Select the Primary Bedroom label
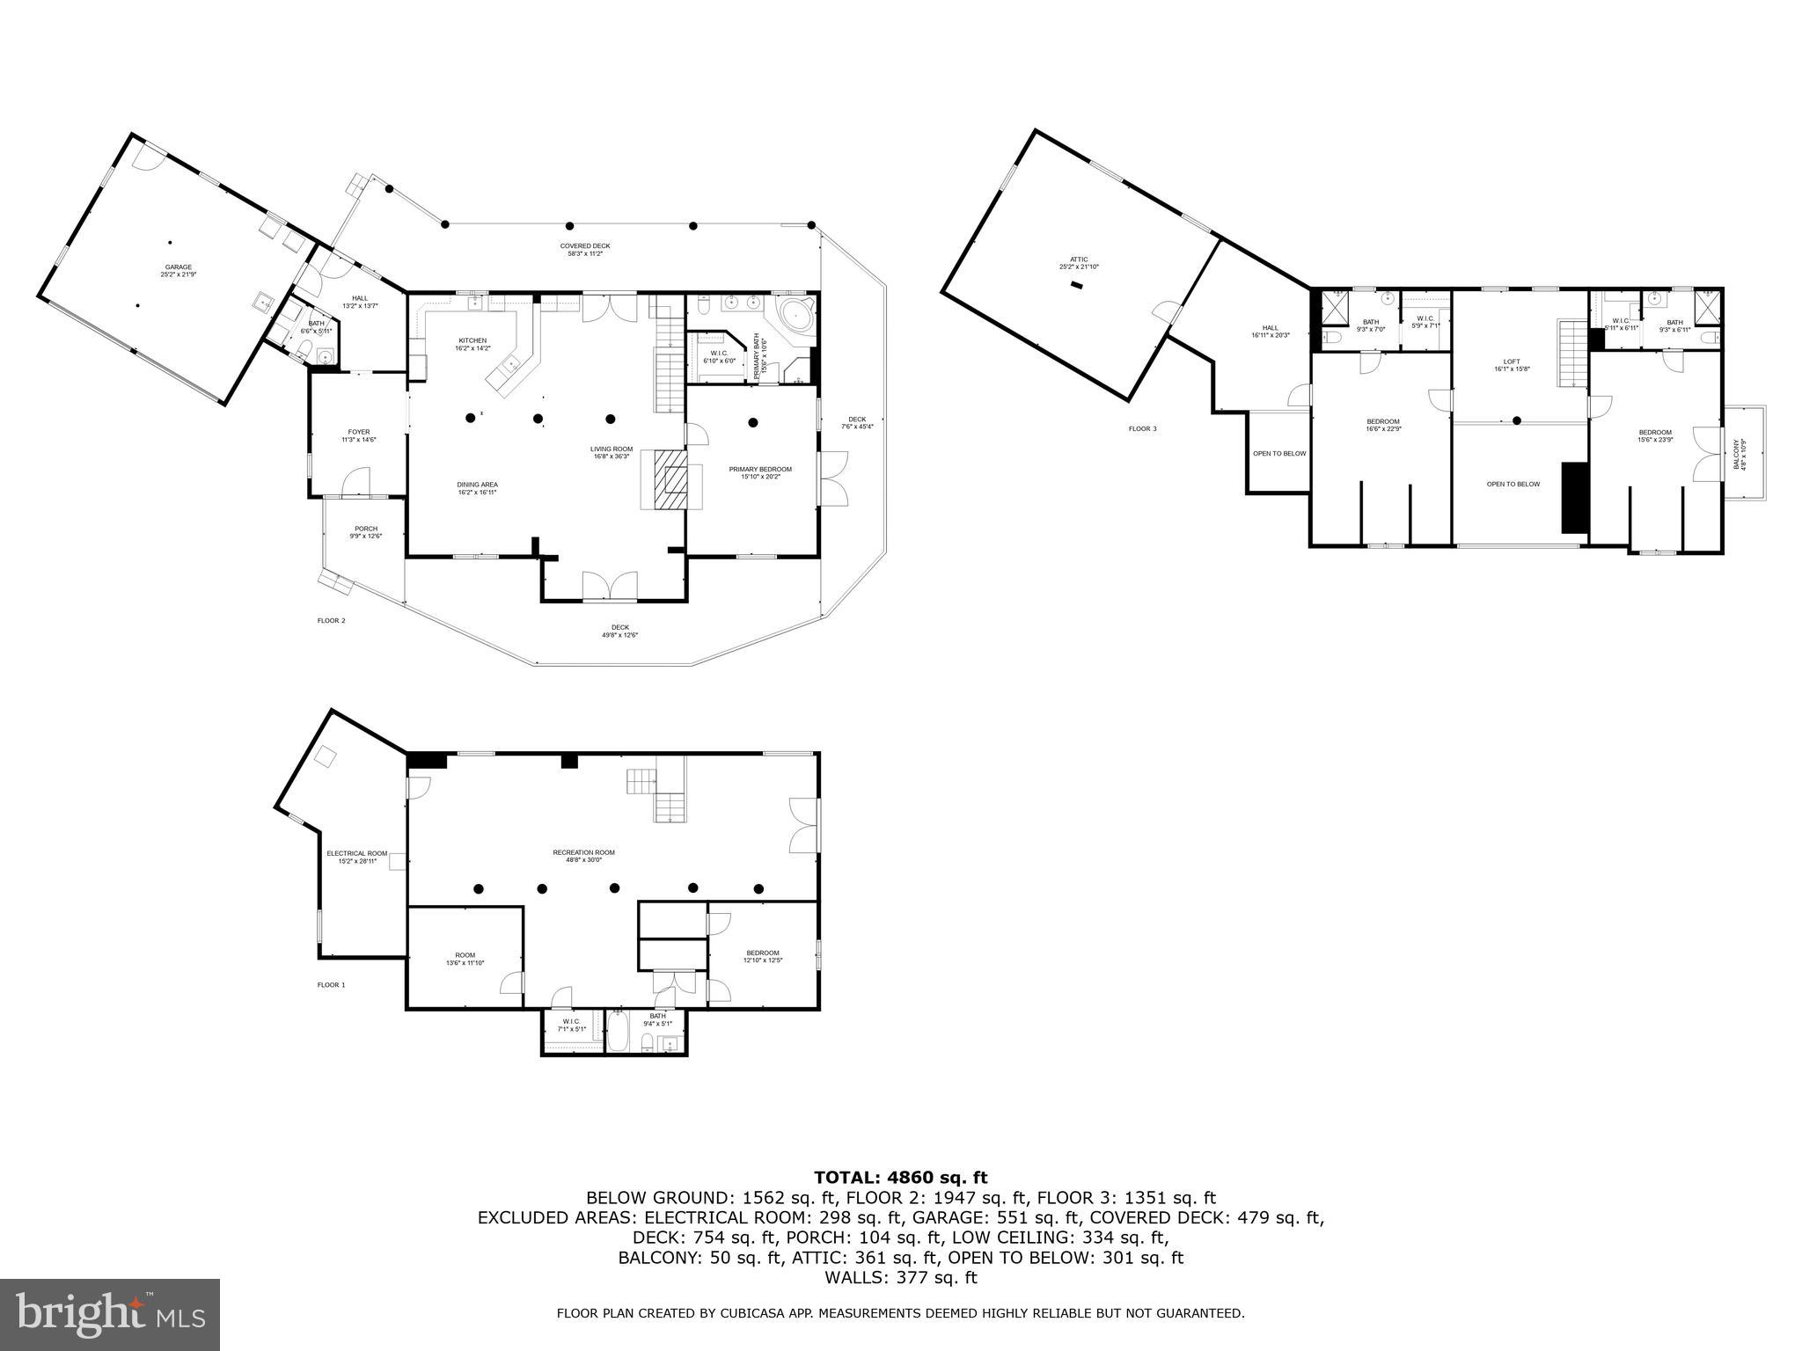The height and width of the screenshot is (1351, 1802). (x=760, y=470)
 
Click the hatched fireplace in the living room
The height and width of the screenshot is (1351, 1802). (x=673, y=479)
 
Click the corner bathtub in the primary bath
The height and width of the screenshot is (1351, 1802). (x=798, y=314)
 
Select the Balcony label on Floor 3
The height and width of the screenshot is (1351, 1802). (x=1736, y=454)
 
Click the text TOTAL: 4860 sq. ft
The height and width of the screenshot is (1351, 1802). (x=900, y=1178)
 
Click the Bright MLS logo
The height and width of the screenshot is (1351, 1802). (x=109, y=1314)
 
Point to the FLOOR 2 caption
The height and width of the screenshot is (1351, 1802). (x=331, y=621)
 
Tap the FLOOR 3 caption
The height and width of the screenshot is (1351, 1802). (x=1142, y=429)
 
